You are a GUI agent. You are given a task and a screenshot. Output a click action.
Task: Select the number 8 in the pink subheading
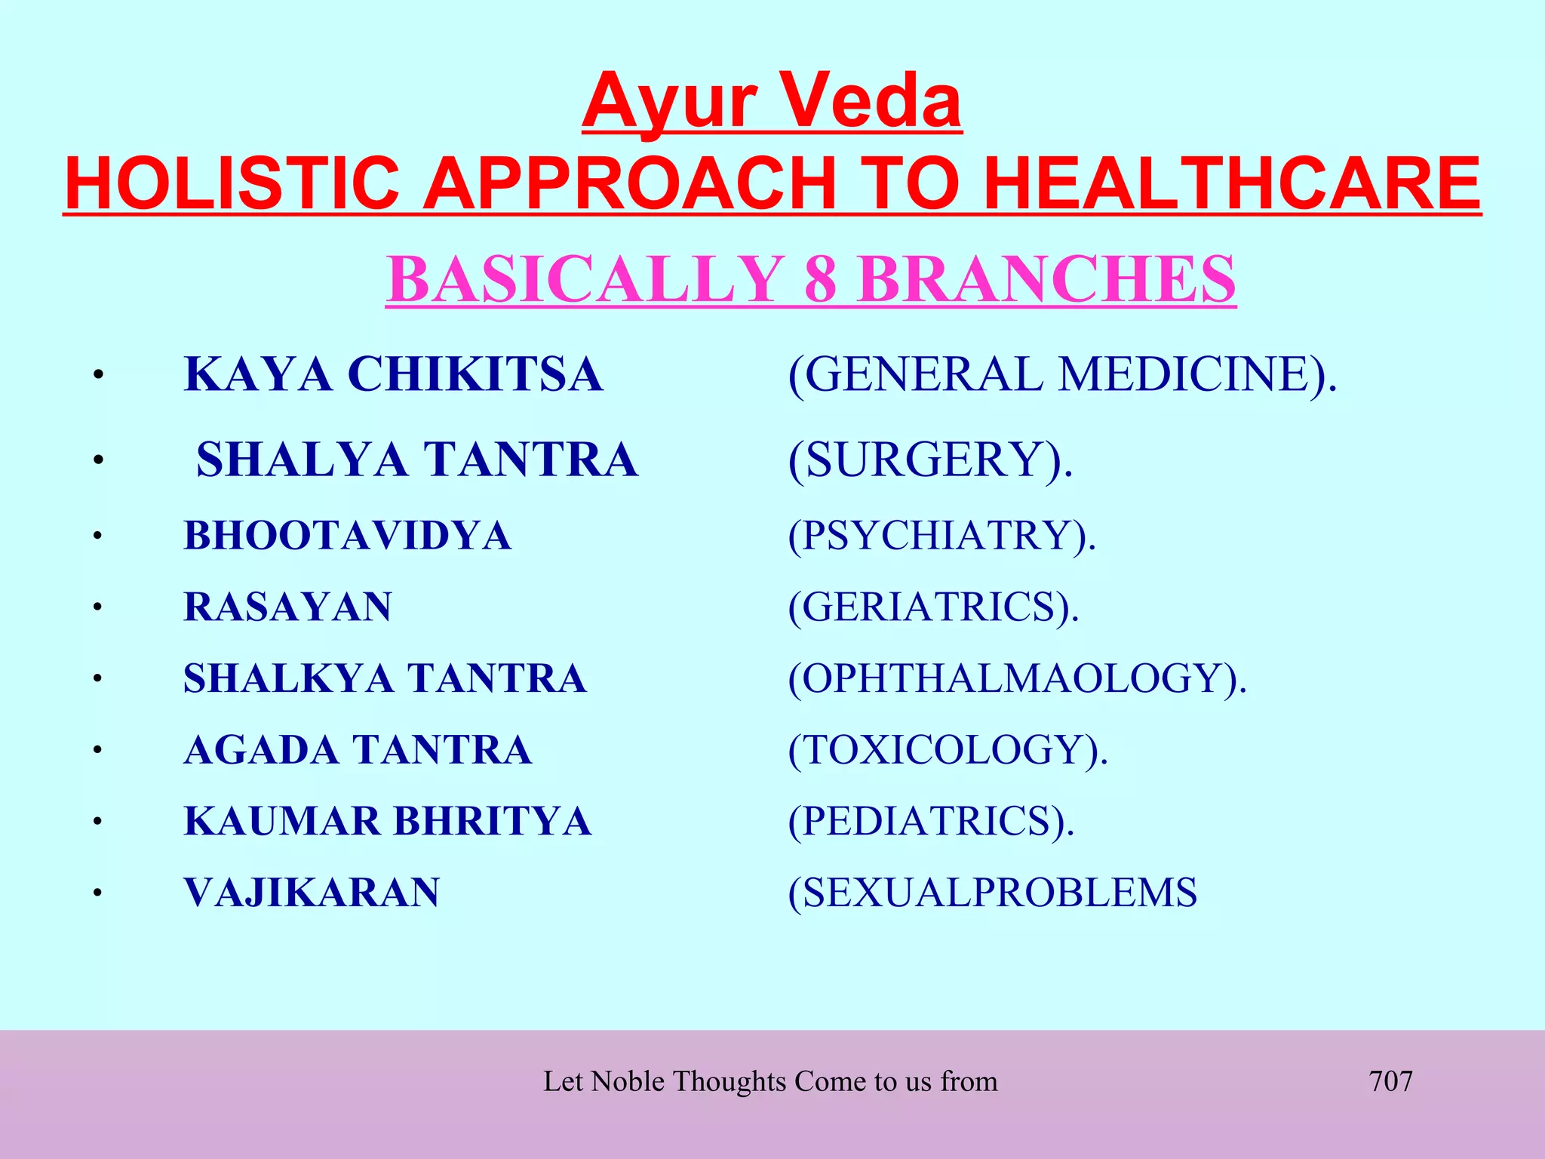coord(820,279)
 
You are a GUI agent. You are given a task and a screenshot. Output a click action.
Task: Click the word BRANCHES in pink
coord(1046,279)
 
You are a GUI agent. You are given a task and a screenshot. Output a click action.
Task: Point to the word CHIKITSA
coord(475,374)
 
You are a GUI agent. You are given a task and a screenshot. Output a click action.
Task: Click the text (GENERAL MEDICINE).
coord(1062,374)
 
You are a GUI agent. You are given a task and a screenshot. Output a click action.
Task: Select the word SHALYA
coord(301,460)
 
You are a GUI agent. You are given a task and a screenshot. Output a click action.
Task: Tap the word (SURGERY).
coord(929,460)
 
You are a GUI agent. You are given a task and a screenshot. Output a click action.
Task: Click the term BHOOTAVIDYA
coord(347,536)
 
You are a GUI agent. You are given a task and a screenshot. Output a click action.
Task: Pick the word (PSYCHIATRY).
coord(941,536)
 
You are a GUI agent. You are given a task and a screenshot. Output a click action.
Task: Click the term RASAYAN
coord(287,607)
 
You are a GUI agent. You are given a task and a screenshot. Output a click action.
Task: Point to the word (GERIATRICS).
coord(933,607)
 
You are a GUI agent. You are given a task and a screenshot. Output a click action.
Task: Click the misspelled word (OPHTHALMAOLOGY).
coord(1017,678)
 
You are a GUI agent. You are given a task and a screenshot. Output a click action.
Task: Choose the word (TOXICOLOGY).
coord(948,750)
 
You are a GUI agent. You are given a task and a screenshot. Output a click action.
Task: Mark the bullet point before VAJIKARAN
coord(97,893)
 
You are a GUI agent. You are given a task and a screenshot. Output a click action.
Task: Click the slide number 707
coord(1390,1081)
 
